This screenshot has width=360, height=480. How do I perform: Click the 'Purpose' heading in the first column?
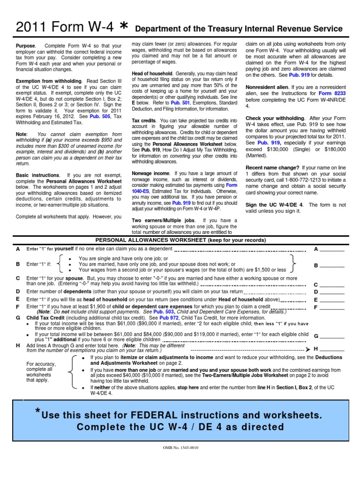[25, 46]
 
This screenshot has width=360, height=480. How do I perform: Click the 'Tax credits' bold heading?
[143, 120]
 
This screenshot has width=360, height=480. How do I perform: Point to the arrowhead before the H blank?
[307, 350]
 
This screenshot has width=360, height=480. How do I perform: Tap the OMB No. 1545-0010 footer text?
[180, 448]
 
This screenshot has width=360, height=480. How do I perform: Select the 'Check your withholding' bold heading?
[275, 118]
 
